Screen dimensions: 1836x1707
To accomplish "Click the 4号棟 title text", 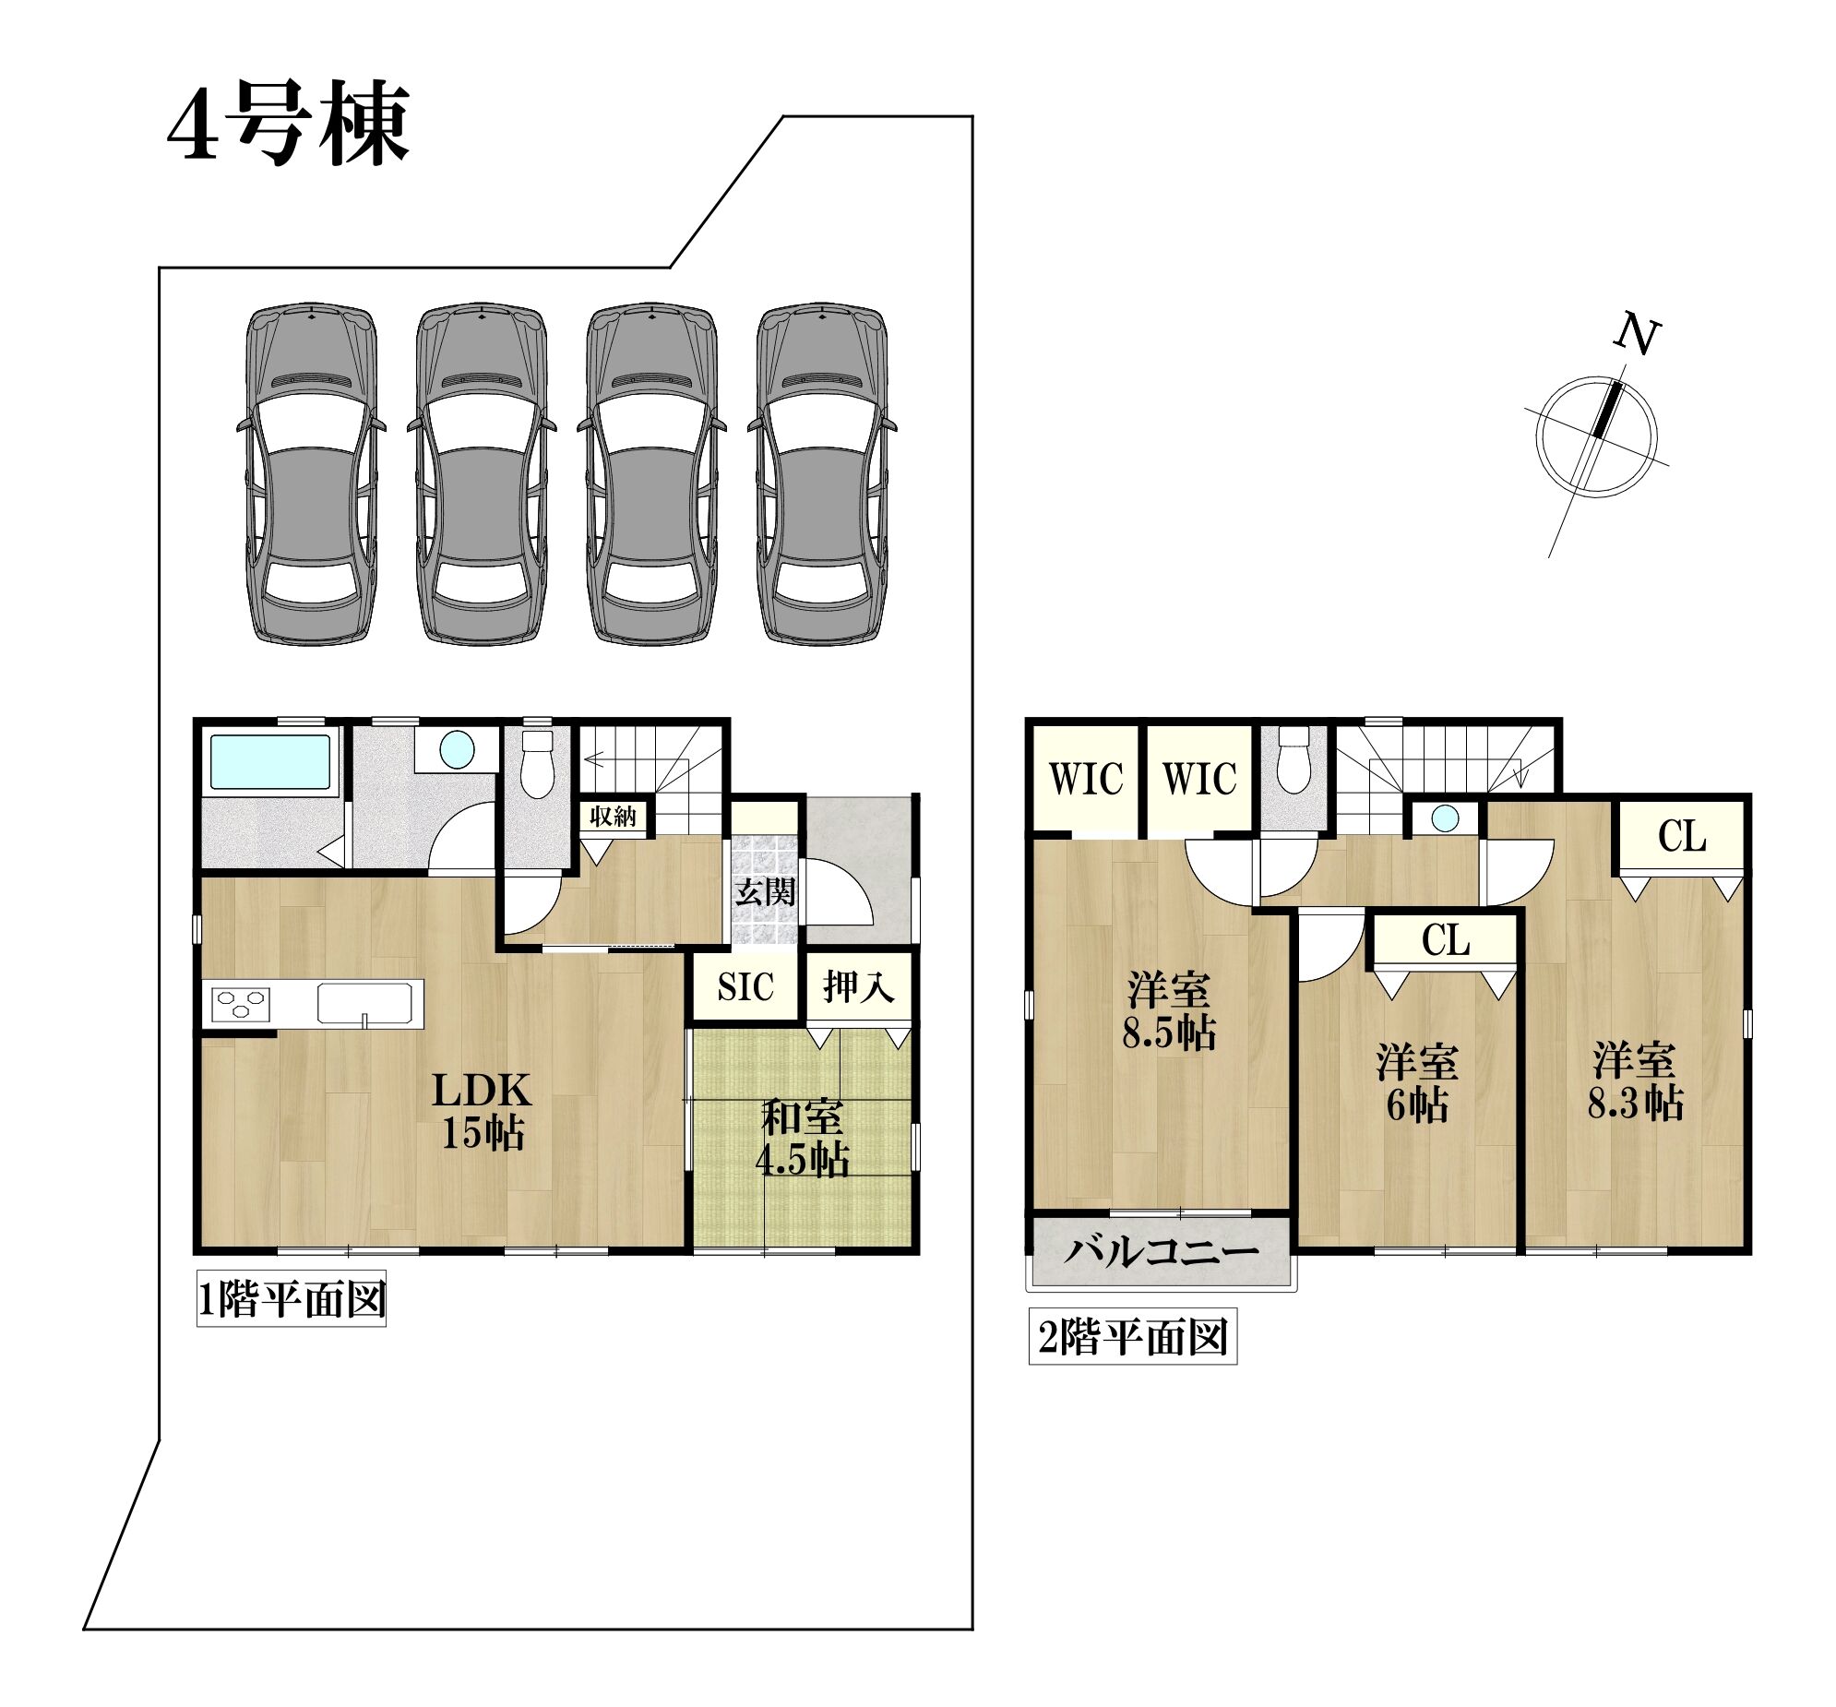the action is [288, 123].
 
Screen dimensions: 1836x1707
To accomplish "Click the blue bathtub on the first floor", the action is [269, 761].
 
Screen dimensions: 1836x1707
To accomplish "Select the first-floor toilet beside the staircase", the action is [537, 763].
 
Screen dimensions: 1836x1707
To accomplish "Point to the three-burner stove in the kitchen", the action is [241, 1003].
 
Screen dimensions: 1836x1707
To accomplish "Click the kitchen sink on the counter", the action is [364, 1004].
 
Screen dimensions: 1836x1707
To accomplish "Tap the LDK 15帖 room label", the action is [483, 1111].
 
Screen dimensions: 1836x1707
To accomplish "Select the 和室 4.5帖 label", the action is [803, 1139].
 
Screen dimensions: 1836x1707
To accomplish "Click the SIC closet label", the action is [745, 987].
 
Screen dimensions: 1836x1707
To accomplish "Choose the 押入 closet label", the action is [859, 986].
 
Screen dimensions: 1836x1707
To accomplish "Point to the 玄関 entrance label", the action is [766, 892].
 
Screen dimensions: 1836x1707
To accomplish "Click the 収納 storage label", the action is [614, 817].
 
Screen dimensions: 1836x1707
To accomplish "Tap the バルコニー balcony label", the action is [1161, 1252].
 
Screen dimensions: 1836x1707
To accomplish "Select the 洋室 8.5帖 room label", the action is [1169, 1012].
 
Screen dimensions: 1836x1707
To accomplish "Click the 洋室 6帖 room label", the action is [1417, 1083].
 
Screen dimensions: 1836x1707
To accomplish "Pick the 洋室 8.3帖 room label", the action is [1635, 1080].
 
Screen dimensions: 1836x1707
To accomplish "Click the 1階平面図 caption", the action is [292, 1301].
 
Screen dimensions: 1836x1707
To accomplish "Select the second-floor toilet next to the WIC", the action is [1293, 761].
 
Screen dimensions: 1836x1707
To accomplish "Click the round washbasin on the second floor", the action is [1446, 818].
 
